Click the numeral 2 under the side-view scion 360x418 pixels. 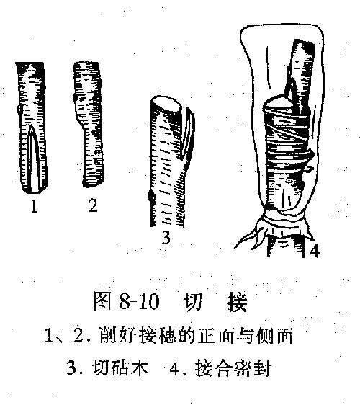click(92, 207)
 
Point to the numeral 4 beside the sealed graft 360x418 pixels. click(315, 252)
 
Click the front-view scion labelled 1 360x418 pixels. click(31, 130)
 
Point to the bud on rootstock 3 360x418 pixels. click(150, 197)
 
